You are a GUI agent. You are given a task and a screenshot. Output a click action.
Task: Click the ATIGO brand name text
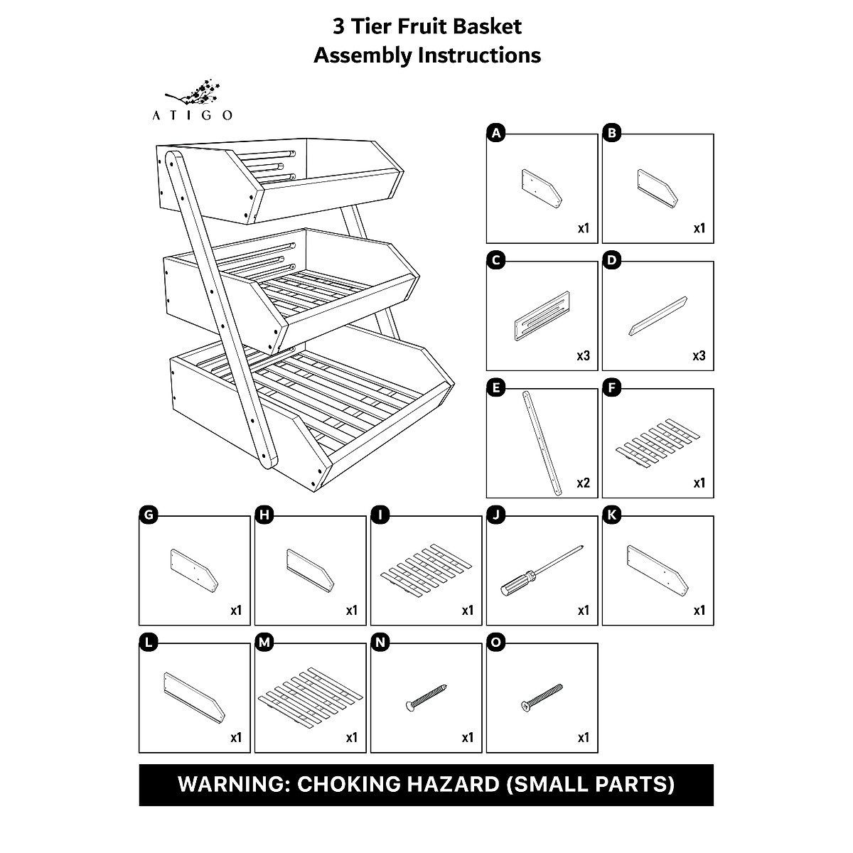coord(192,115)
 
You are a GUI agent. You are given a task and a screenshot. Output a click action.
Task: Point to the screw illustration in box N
coord(426,696)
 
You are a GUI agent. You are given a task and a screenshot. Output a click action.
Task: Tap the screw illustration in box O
coord(542,697)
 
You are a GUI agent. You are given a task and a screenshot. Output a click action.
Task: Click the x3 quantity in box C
coord(583,356)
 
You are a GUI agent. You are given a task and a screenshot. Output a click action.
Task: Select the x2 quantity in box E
coord(583,483)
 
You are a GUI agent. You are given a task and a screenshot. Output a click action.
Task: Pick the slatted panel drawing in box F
coord(658,443)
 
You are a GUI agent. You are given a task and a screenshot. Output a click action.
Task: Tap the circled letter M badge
coord(264,643)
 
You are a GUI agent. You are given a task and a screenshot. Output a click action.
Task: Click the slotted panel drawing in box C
coord(542,317)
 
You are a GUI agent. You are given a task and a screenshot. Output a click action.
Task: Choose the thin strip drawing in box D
coord(658,316)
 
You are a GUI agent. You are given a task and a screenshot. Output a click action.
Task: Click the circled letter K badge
coord(612,515)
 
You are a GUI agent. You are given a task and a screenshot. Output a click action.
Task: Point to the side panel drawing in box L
coord(194,696)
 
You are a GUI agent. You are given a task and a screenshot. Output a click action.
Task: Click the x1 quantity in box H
coord(351,611)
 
